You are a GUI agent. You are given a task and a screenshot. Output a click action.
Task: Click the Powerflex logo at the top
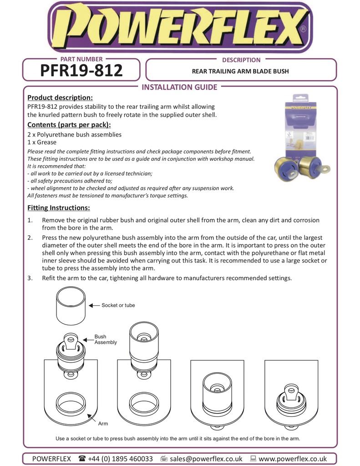click(x=180, y=27)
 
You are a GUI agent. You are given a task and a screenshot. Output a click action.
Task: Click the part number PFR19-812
click(x=81, y=71)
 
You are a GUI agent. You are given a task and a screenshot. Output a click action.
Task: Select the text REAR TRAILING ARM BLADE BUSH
click(x=240, y=71)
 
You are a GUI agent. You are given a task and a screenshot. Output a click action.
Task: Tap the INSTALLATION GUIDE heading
click(x=180, y=87)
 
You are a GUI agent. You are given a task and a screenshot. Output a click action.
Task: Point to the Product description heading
click(x=60, y=97)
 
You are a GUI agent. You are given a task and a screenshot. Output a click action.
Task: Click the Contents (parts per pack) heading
click(x=69, y=125)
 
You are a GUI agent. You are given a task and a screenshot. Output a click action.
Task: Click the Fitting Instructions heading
click(x=59, y=208)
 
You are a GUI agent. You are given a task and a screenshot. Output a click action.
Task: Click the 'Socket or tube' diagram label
click(x=118, y=305)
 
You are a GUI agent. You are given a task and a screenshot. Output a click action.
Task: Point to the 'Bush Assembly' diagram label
click(x=106, y=339)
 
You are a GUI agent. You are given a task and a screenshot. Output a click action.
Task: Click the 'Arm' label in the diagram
click(x=103, y=424)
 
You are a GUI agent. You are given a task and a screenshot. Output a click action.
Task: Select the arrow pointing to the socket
click(x=94, y=305)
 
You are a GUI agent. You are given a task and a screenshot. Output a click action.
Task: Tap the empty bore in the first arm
click(x=71, y=402)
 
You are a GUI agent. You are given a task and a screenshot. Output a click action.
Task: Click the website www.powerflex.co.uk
click(x=293, y=459)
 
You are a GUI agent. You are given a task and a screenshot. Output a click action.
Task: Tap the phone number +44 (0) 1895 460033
click(x=120, y=459)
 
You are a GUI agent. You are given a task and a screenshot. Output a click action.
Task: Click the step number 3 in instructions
click(x=30, y=278)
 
